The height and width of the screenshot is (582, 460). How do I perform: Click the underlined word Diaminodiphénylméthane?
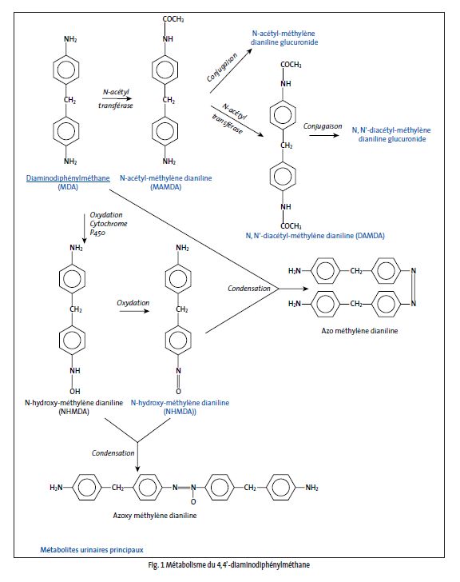coord(68,177)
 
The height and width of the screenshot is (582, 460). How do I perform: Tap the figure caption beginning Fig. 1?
coord(228,565)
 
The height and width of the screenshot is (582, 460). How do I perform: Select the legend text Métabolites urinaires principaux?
coord(92,550)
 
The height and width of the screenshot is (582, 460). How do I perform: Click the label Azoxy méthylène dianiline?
coord(155,515)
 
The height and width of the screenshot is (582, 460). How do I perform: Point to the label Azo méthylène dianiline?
coord(359,331)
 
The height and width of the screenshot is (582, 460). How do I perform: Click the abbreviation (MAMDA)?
coord(165,187)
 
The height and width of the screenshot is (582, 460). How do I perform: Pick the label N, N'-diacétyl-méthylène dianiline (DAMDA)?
coord(315,235)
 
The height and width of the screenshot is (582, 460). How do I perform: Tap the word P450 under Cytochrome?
coord(97,233)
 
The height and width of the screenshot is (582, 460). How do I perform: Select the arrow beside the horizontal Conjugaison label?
coord(324,135)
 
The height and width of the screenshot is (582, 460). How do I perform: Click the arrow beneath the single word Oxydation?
coord(134,310)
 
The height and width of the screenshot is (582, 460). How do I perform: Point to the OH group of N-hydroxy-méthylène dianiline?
coord(75,391)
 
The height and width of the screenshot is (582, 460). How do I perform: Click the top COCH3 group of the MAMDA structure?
coord(173,19)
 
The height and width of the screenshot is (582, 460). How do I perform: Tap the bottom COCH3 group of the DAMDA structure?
coord(291,225)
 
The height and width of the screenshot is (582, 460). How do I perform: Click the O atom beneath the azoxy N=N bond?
coord(193,502)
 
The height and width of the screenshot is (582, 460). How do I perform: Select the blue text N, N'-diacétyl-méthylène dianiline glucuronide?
coord(391,134)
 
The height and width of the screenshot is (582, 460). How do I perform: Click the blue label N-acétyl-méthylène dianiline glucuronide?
coord(284,38)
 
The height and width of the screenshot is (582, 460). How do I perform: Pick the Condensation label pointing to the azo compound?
coord(249,289)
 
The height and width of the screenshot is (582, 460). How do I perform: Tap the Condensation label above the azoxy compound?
coord(113,452)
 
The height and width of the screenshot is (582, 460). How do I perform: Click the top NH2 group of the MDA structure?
coord(70,39)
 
